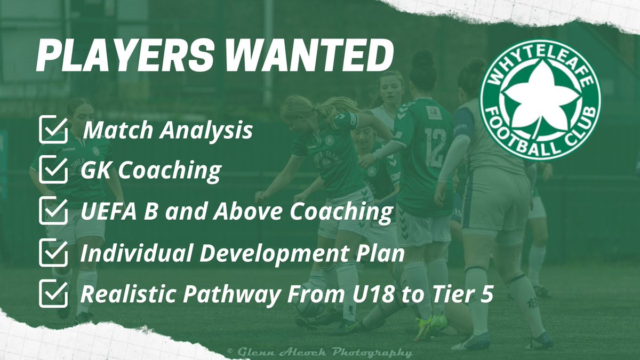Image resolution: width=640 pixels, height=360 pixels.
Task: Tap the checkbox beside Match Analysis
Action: coord(53,131)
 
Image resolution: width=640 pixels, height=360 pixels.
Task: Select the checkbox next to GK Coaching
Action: coord(53,171)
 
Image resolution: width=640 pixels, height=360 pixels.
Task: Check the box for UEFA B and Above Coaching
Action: coord(53,212)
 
